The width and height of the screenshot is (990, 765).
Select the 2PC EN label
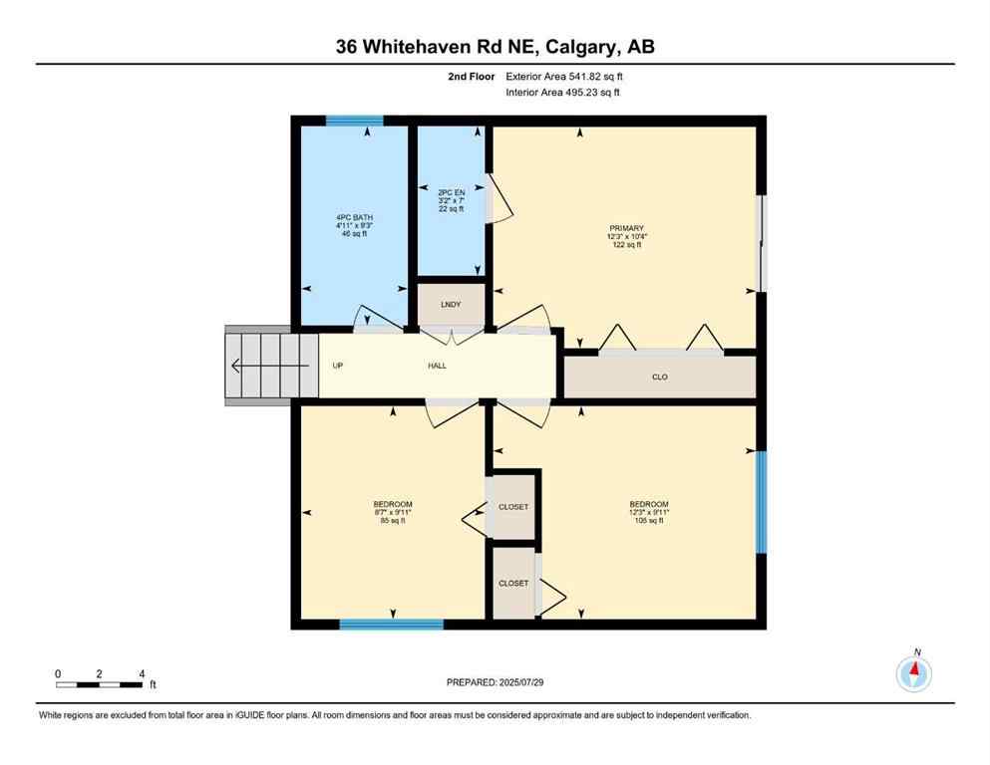point(452,192)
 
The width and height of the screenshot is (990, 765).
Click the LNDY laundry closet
point(452,304)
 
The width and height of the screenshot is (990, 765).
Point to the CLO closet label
point(659,378)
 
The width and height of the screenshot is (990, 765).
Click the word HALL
point(437,366)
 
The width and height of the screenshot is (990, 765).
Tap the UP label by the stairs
point(337,366)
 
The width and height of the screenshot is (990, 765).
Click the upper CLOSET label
point(513,507)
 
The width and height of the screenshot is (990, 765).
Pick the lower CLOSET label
point(513,583)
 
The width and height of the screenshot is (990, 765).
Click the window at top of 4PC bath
point(355,121)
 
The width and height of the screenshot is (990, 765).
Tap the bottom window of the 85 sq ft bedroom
point(391,625)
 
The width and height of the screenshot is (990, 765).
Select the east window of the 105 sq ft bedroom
point(761,501)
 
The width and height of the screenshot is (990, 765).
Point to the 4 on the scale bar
point(143,673)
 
